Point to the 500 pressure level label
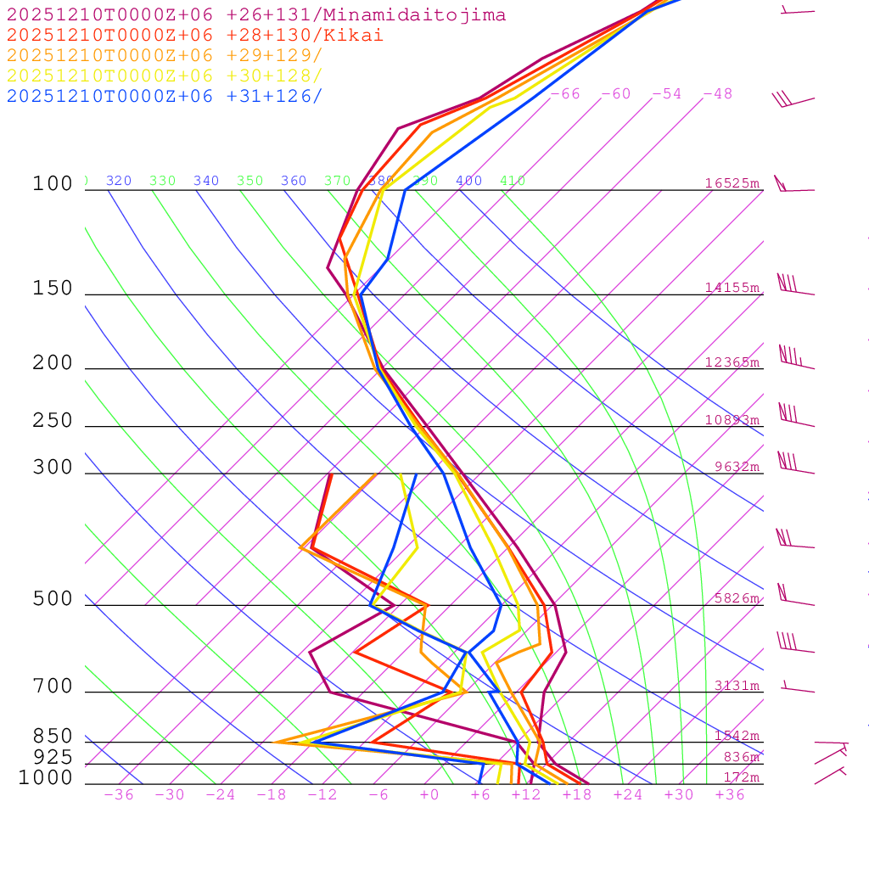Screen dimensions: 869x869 click(53, 599)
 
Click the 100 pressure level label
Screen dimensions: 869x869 click(53, 184)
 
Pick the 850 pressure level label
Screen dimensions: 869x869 click(53, 737)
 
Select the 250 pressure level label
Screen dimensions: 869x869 click(53, 421)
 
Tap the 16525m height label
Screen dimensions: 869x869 click(732, 183)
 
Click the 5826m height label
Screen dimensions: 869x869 click(736, 598)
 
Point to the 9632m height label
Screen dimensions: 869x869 click(736, 467)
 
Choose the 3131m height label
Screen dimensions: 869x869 click(736, 686)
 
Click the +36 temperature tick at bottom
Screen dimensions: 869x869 click(729, 794)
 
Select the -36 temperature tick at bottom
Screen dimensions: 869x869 click(118, 794)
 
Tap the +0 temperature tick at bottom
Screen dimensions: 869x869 click(429, 794)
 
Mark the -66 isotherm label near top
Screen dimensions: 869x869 click(564, 94)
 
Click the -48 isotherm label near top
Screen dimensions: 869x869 click(717, 94)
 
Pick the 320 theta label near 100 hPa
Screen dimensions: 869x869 click(119, 181)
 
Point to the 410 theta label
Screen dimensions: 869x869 click(513, 181)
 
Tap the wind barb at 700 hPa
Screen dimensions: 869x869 click(798, 687)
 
